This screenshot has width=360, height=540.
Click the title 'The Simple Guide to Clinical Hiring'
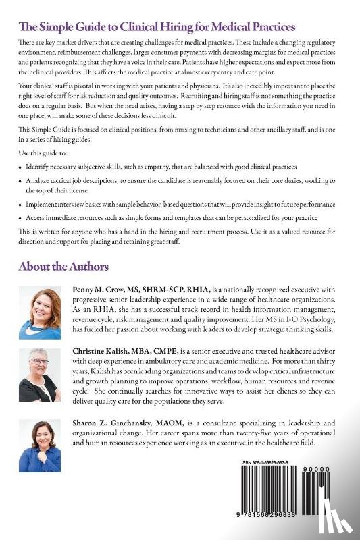click(x=157, y=27)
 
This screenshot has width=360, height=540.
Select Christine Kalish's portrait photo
click(x=40, y=375)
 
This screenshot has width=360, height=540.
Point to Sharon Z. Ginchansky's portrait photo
click(x=40, y=446)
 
